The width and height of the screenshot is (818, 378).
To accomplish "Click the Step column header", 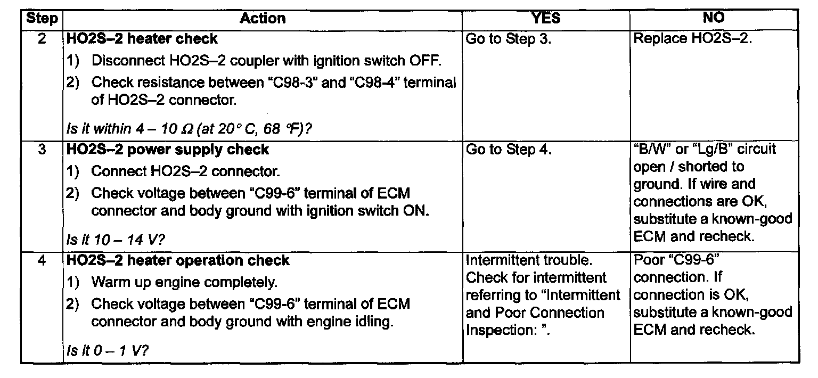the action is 42,18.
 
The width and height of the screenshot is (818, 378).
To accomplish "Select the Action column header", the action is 263,18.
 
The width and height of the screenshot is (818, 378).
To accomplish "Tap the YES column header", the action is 546,18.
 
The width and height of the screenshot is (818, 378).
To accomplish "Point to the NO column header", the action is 714,18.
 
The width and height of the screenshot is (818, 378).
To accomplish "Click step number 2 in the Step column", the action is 42,38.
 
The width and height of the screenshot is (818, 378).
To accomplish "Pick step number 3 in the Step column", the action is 42,149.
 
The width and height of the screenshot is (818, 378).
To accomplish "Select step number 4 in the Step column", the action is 42,260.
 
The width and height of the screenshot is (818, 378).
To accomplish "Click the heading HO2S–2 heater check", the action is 142,39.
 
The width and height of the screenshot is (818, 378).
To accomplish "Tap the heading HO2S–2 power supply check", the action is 168,150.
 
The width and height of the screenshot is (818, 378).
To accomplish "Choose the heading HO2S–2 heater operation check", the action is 178,260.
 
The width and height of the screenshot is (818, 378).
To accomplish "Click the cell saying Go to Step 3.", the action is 509,39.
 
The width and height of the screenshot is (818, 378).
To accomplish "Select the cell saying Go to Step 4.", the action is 509,150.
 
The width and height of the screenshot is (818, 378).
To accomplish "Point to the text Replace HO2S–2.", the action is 693,38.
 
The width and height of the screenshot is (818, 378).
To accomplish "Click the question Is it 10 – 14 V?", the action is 116,240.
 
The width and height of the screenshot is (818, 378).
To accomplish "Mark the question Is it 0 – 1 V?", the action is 108,351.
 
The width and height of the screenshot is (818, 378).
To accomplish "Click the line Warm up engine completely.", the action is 184,282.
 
